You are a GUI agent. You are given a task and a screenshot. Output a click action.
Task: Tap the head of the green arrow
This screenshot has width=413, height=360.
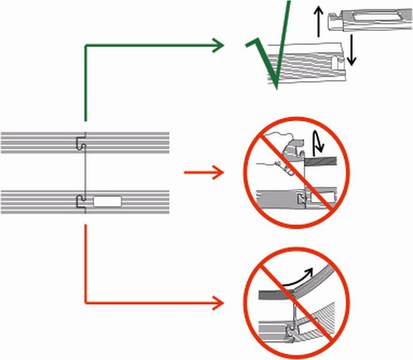tap(218, 45)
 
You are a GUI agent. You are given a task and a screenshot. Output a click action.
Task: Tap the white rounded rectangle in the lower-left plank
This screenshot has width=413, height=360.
tap(107, 201)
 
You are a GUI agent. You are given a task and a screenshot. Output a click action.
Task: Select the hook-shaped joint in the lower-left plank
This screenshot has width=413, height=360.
tap(80, 201)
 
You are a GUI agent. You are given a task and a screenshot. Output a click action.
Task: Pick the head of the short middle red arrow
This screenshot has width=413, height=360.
tap(218, 171)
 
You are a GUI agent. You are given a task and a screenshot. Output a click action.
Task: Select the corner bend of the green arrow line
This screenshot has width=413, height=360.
tap(86, 46)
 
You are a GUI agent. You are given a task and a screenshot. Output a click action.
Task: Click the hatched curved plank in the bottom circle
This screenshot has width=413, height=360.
tap(321, 322)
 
